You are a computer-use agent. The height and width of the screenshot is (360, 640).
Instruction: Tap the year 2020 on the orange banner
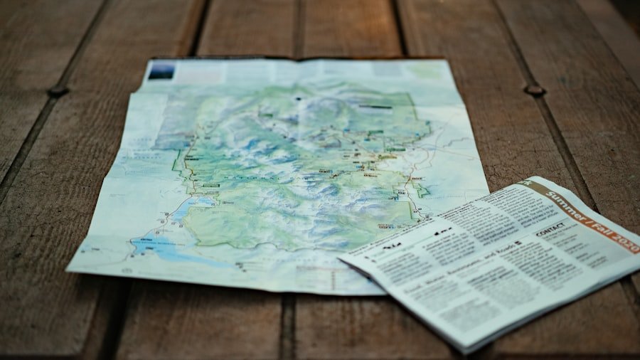tap(623, 240)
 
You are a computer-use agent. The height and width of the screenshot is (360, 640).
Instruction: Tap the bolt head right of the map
tap(534, 90)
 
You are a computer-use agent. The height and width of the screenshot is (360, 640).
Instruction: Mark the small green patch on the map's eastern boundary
tap(422, 190)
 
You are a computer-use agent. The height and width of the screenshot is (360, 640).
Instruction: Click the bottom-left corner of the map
tap(68, 270)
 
